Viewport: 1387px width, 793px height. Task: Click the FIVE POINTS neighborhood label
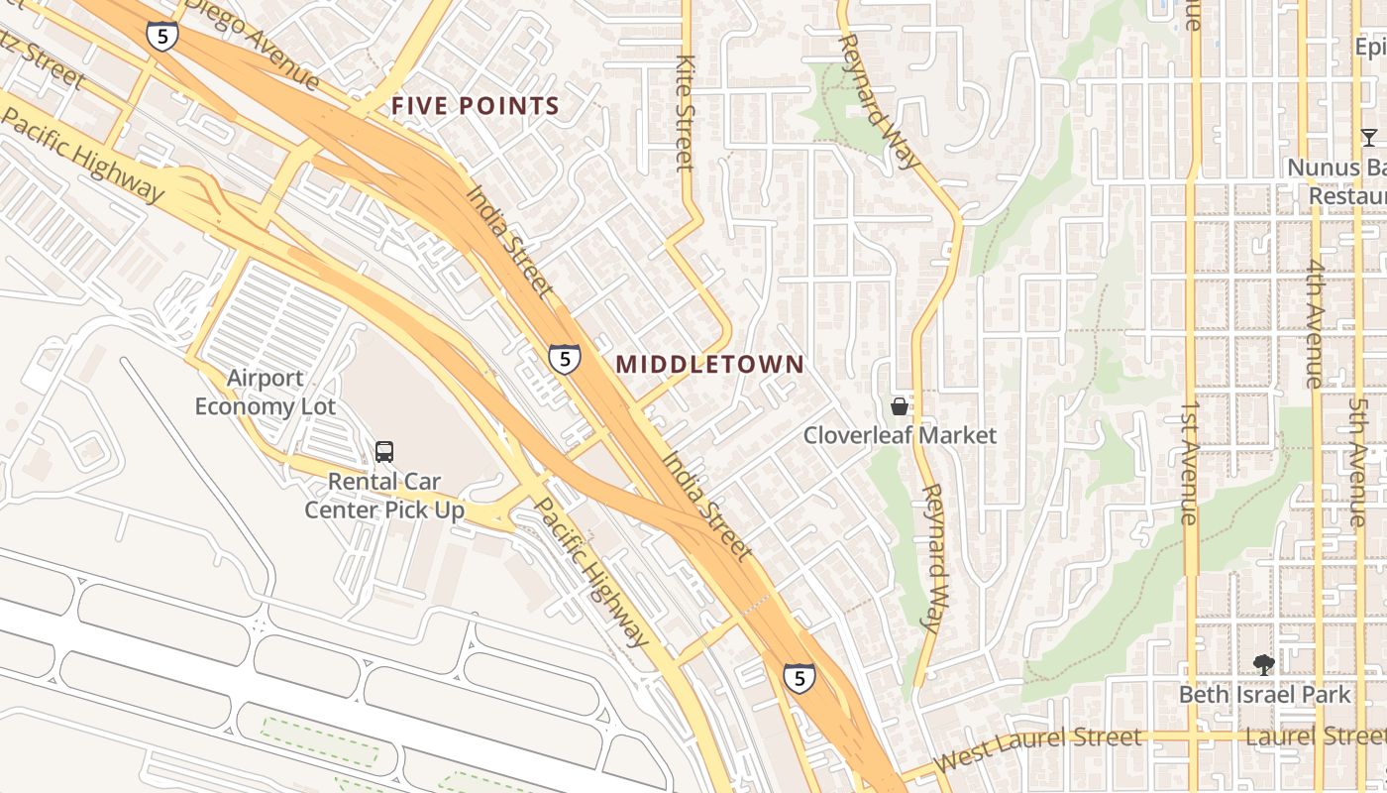(x=476, y=106)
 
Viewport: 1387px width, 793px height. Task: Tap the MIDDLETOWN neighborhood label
(x=709, y=364)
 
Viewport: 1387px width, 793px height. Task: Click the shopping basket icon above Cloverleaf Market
(x=899, y=406)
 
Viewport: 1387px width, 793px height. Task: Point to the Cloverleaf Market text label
(x=899, y=435)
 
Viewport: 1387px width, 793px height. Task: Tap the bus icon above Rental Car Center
(x=384, y=452)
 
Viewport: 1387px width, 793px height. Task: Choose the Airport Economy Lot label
(x=265, y=393)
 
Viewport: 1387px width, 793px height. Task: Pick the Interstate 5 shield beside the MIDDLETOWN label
(x=565, y=358)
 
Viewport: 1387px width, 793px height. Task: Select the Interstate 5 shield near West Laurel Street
(x=799, y=678)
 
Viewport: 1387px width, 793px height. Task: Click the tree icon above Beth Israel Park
(x=1263, y=664)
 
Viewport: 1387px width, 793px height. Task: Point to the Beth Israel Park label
(x=1263, y=695)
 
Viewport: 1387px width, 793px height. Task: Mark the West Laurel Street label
(x=1037, y=748)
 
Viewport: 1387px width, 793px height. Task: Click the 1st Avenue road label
(x=1190, y=462)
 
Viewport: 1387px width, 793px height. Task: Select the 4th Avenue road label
(x=1315, y=323)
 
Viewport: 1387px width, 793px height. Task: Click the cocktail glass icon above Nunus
(x=1368, y=137)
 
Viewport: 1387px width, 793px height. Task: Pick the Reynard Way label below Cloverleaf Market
(x=932, y=557)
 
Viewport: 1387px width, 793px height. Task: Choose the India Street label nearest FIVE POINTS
(x=508, y=241)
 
